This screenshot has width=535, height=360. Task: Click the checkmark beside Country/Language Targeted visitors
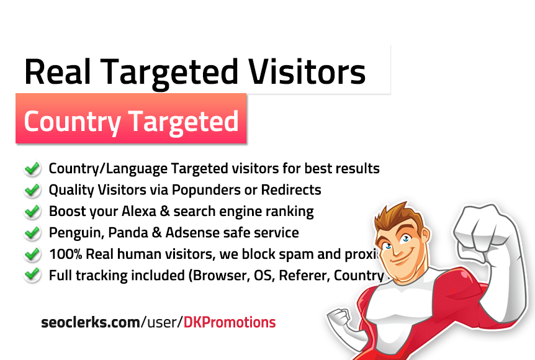pyautogui.click(x=32, y=168)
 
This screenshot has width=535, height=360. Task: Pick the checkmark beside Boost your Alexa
pyautogui.click(x=32, y=211)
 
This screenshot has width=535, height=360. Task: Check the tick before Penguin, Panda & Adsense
pyautogui.click(x=32, y=233)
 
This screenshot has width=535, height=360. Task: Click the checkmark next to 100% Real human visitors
pyautogui.click(x=32, y=254)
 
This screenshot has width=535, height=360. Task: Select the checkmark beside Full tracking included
pyautogui.click(x=32, y=276)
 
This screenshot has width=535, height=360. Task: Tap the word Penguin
pyautogui.click(x=73, y=233)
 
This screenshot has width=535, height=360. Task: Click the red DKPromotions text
pyautogui.click(x=230, y=322)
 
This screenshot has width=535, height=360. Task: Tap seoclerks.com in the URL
pyautogui.click(x=90, y=322)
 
